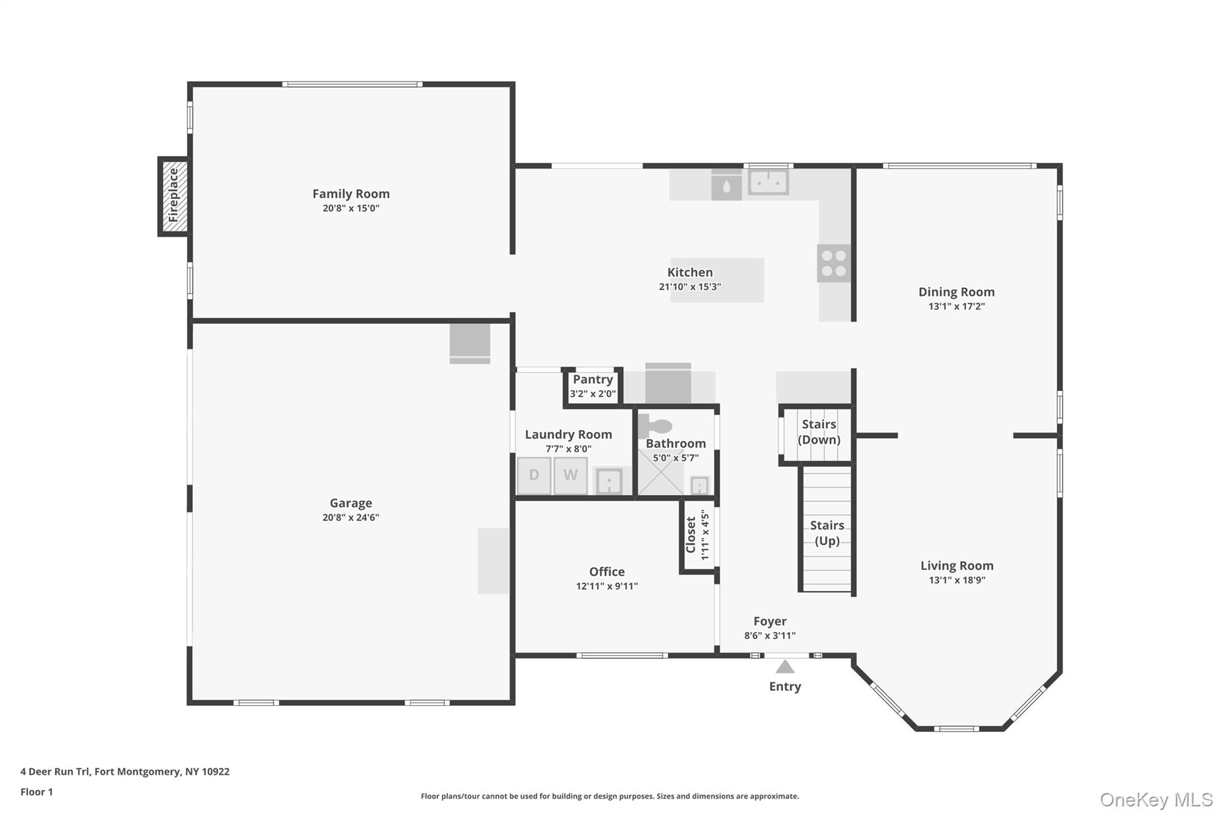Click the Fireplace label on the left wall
(173, 196)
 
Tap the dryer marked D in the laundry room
(534, 475)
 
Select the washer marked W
(570, 475)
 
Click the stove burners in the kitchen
(833, 263)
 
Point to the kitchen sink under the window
(768, 182)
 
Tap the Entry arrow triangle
(785, 667)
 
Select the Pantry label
(593, 379)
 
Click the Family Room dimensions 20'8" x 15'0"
(351, 208)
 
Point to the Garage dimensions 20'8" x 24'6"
(351, 518)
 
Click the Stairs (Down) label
(818, 432)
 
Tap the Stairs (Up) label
(827, 533)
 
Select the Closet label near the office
(691, 534)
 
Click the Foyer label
(770, 621)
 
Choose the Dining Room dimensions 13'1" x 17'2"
(956, 307)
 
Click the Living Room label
(957, 566)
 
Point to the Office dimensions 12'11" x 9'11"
(606, 586)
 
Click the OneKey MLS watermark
(1156, 799)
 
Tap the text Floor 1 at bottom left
(36, 792)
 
